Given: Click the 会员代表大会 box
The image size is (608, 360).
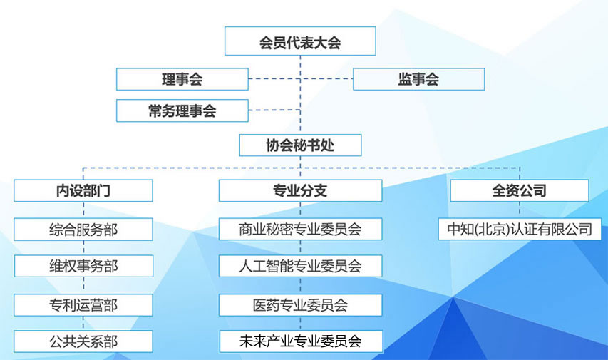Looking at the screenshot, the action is pos(300,41).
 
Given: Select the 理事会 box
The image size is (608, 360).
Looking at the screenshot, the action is pos(182,79).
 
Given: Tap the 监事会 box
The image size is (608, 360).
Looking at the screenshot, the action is pos(419,79).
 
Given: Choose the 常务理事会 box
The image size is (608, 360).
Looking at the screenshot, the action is pos(182,110).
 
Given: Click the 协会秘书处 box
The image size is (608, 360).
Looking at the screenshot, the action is pos(301,145).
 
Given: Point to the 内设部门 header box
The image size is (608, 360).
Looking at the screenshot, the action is pos(83,190).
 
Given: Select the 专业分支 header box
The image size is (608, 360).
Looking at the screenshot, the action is pos(301,190).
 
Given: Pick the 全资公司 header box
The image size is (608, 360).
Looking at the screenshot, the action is pos(520,190).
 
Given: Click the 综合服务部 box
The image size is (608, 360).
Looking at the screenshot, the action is pos(83,230).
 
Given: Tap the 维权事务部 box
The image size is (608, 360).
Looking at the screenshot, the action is pos(84,266).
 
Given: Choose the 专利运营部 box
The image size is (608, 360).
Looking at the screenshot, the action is pos(83,305).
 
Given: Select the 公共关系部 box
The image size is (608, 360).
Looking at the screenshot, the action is pos(83,341).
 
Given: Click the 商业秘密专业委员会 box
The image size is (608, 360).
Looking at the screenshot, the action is pos(301,229).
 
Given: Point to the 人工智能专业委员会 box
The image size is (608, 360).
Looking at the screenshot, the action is pos(301,266).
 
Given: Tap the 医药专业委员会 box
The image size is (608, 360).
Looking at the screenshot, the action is pos(301,305).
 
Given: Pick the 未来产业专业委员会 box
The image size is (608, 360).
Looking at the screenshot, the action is pos(301,341).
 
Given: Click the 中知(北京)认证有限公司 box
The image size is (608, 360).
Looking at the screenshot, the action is pos(520,229).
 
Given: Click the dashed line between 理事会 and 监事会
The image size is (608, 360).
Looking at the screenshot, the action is pos(301,78).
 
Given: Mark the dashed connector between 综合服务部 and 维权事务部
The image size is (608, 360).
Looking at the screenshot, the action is pos(83,247).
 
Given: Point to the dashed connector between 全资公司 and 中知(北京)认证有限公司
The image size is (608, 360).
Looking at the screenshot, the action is pos(520,210).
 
